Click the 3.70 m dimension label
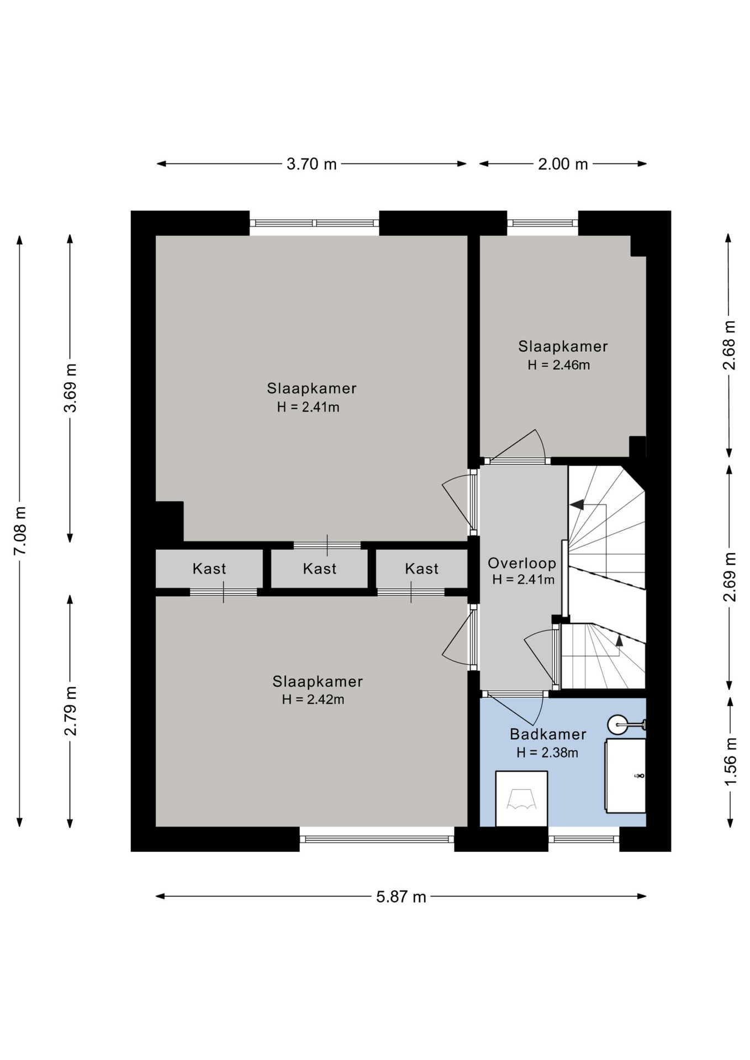311,164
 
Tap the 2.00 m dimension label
563,164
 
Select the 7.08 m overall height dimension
20,531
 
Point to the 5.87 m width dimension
401,897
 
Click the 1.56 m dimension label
730,762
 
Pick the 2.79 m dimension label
70,711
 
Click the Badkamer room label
548,734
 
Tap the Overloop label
522,563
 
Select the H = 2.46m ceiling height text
559,365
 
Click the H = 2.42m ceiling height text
313,699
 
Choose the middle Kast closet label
320,569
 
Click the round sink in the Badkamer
618,724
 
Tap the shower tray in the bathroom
521,799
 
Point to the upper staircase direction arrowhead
577,505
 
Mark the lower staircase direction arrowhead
619,640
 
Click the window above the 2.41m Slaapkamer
314,223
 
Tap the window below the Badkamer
584,839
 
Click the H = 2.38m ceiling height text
547,752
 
